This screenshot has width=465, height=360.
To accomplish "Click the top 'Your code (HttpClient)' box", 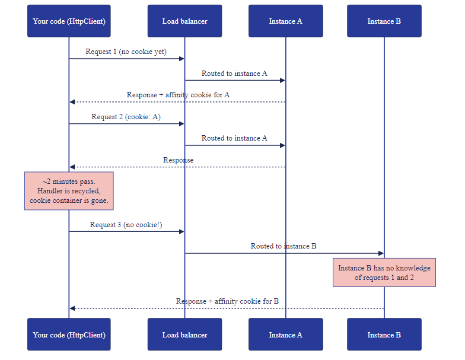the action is click(69, 21).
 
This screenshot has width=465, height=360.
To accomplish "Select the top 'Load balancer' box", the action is click(185, 21).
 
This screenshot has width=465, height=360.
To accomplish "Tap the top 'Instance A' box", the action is click(286, 21).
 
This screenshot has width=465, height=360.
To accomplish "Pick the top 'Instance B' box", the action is click(384, 21).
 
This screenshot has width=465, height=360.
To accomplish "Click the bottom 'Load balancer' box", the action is click(185, 334).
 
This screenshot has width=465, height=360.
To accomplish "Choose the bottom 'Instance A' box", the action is click(286, 334).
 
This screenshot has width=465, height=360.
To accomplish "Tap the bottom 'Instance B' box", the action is click(384, 334).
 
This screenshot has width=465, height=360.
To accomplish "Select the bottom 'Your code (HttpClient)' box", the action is click(69, 334).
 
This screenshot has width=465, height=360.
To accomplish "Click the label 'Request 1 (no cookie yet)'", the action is click(126, 52).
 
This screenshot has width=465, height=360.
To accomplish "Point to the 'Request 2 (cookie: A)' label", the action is click(126, 117).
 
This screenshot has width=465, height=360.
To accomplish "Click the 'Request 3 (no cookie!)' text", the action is click(126, 225).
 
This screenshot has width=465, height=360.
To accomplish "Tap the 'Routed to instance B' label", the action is click(284, 246).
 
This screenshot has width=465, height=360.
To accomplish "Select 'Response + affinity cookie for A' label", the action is click(178, 95).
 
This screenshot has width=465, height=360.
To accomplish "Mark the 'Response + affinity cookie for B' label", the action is click(227, 301).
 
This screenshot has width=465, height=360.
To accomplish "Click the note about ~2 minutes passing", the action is click(69, 191).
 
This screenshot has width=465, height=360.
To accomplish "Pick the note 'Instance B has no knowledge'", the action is click(384, 273).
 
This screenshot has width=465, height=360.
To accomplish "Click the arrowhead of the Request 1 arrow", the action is click(181, 59).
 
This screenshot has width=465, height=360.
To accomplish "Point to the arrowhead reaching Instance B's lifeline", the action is click(381, 253).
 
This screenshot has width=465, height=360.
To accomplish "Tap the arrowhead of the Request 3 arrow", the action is click(181, 231).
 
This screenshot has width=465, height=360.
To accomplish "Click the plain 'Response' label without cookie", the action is click(178, 160).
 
